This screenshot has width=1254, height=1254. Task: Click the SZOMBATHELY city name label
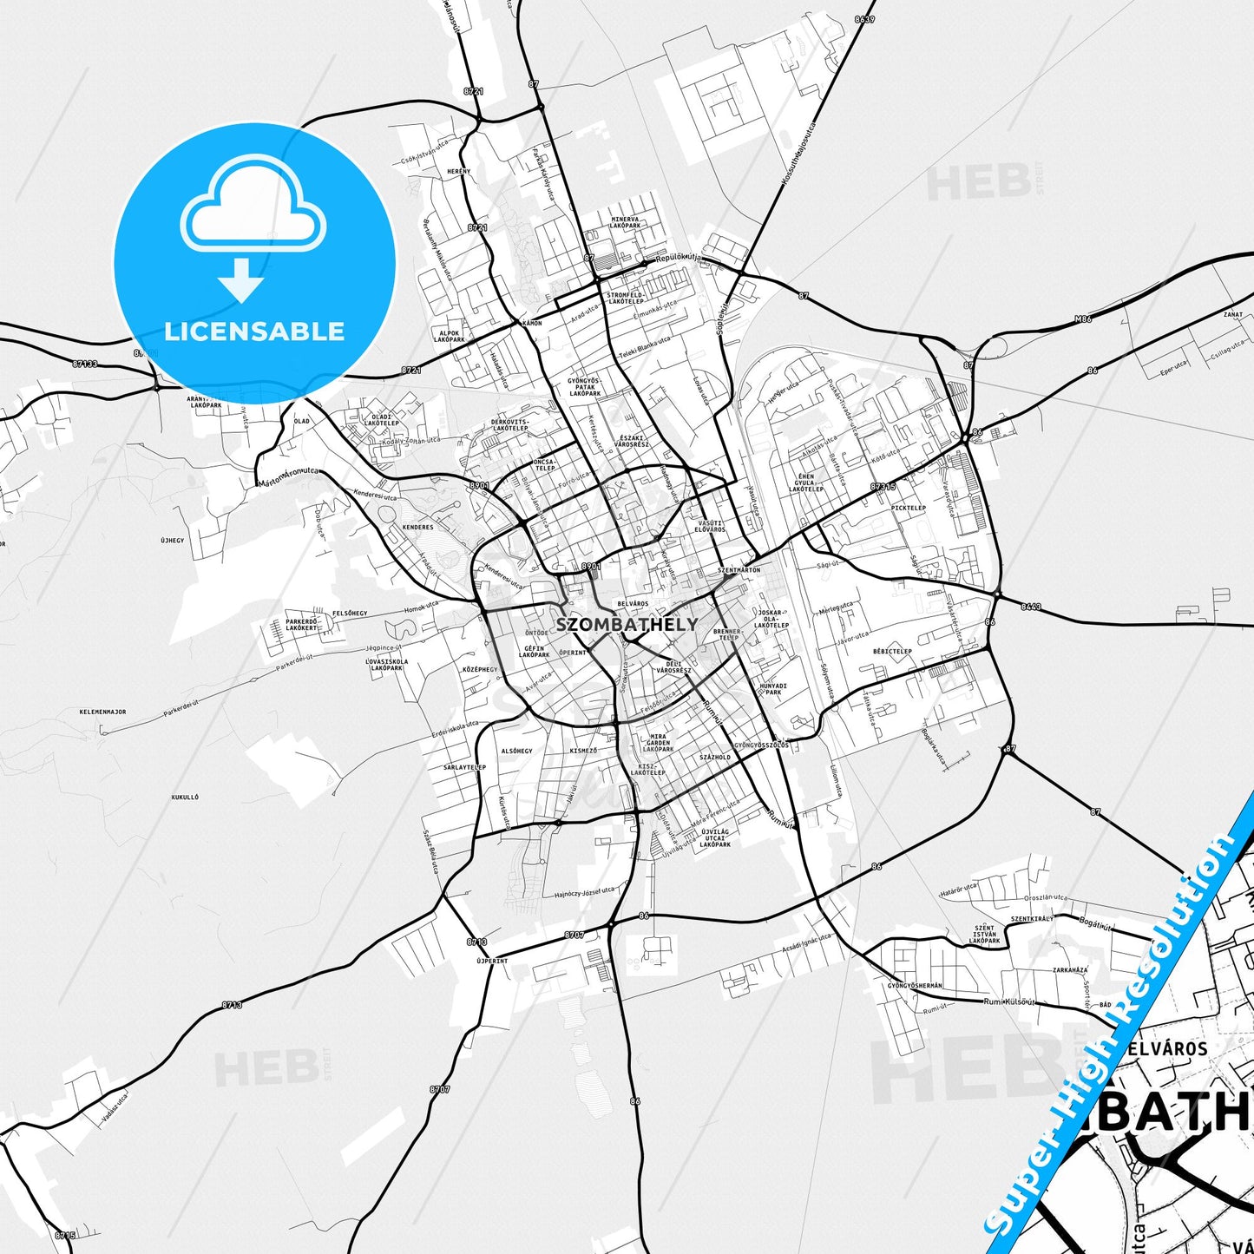(627, 624)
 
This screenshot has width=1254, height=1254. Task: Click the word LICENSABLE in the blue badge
(254, 331)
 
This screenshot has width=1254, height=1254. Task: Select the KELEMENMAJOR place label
(102, 712)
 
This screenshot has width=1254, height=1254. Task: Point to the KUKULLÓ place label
(185, 797)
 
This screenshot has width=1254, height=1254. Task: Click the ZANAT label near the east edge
(1232, 315)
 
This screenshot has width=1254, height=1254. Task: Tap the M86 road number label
(1082, 319)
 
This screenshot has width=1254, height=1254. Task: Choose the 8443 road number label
(1031, 607)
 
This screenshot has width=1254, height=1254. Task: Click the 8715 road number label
(65, 1235)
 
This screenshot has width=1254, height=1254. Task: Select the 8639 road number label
(864, 18)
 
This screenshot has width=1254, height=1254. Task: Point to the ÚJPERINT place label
(492, 961)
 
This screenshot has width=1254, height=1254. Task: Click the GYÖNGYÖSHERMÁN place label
(915, 985)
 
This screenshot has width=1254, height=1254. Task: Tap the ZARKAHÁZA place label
(1069, 969)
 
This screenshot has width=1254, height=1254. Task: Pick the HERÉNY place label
(458, 171)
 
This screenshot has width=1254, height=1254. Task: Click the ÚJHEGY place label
(172, 540)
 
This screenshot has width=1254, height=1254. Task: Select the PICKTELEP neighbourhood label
(909, 508)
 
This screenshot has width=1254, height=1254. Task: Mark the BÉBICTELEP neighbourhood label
(893, 651)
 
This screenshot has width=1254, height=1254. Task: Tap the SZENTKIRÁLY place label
(1032, 918)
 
